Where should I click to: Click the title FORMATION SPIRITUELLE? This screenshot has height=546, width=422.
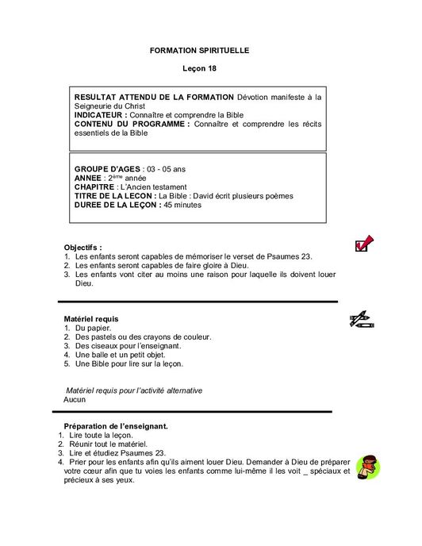[199, 50]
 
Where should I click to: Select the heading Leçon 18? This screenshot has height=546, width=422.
[199, 70]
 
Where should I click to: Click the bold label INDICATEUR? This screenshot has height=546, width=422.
[101, 115]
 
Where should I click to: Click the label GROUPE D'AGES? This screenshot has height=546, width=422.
[107, 170]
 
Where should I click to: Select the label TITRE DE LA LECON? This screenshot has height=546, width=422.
[114, 196]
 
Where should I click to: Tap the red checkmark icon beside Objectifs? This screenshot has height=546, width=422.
[364, 244]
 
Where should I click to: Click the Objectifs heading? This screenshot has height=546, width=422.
[83, 248]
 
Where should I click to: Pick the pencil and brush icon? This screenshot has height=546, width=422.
[362, 320]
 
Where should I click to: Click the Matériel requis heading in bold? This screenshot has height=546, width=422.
[91, 318]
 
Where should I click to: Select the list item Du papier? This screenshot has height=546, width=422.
[94, 328]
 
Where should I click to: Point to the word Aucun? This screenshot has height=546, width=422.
[75, 399]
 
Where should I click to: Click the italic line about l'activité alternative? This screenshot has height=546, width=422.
[134, 390]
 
